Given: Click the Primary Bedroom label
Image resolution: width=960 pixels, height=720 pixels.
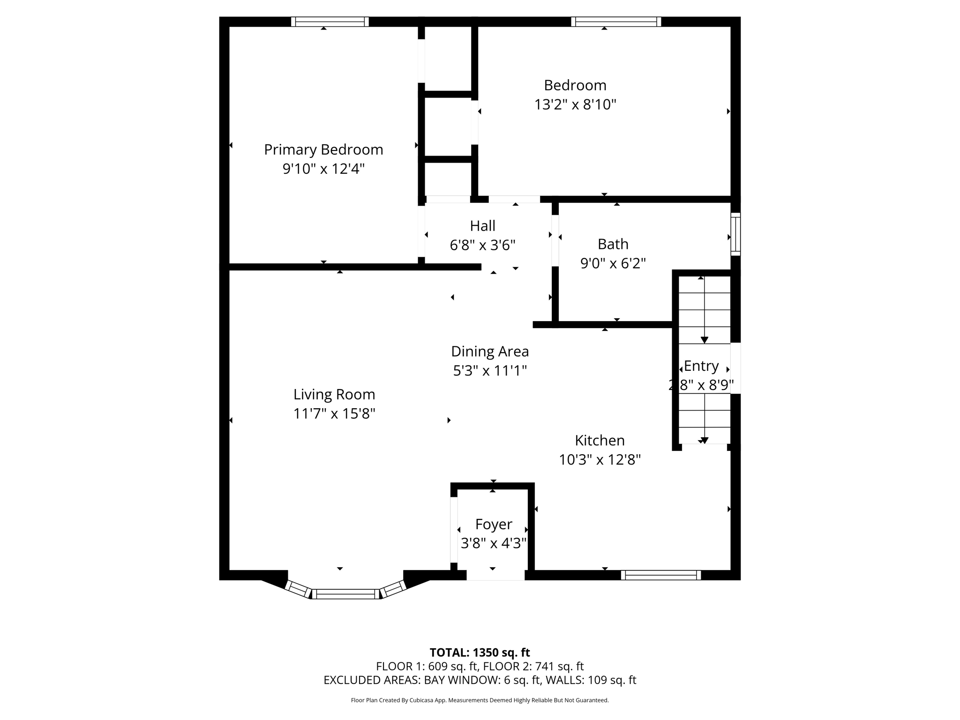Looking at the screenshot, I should [323, 150].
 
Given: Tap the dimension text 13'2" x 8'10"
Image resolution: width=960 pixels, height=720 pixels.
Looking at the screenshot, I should [575, 105].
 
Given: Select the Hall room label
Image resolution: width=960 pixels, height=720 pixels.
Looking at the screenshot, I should [482, 226].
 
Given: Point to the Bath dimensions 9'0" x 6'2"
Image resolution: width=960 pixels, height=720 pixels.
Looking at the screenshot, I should [613, 263].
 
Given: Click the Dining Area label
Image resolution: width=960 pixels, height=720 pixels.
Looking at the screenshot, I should [490, 352].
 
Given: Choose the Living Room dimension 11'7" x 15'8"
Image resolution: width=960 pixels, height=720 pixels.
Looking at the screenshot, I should [334, 414].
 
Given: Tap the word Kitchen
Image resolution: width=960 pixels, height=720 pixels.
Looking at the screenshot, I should [600, 441].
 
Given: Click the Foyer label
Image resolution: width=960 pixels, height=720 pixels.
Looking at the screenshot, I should [494, 524].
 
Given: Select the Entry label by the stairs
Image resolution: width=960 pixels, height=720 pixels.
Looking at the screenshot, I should [701, 366].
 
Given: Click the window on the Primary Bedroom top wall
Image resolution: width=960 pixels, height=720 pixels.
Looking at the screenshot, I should [330, 22].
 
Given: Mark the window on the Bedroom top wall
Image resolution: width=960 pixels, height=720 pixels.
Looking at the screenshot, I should [616, 22].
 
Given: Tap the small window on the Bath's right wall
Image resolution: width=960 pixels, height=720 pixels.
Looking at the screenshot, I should [735, 234].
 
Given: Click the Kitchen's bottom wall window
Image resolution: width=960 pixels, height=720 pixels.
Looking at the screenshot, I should [661, 575].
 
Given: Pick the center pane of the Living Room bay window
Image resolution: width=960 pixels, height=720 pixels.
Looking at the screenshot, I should [346, 594].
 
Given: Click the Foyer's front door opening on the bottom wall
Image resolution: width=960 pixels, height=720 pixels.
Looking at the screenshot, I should [495, 576].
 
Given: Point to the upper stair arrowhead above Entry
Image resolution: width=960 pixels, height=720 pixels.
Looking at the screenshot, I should [704, 340].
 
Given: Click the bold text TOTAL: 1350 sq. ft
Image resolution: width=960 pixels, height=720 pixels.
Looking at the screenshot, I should [480, 652].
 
